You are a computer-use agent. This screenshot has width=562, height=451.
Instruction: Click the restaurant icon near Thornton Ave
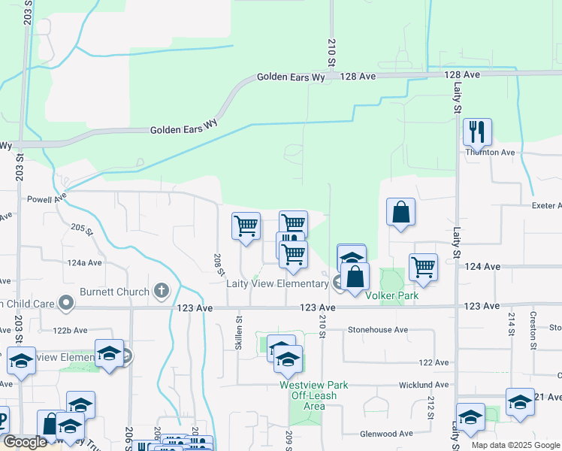click(x=477, y=133)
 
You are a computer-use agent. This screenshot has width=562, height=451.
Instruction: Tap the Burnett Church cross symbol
click(x=161, y=289)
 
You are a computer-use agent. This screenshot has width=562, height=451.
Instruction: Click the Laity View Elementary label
click(x=277, y=283)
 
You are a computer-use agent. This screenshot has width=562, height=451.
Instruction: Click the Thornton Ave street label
click(x=490, y=153)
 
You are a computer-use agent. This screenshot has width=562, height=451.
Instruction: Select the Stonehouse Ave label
click(x=377, y=330)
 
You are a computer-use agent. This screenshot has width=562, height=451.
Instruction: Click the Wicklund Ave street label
click(x=425, y=385)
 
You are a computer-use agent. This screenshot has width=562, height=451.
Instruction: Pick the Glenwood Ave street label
click(x=386, y=434)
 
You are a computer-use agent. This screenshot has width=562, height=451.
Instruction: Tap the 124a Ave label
click(x=84, y=263)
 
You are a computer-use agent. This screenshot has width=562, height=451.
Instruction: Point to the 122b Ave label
click(x=71, y=330)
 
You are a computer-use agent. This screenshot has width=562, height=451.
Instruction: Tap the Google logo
click(x=25, y=442)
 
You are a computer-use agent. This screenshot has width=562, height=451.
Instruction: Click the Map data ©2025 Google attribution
click(x=515, y=445)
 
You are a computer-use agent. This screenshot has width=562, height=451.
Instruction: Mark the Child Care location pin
click(x=67, y=304)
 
